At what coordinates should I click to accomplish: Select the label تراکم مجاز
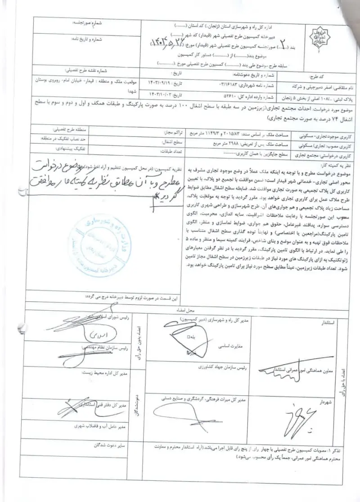pyautogui.click(x=169, y=134)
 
